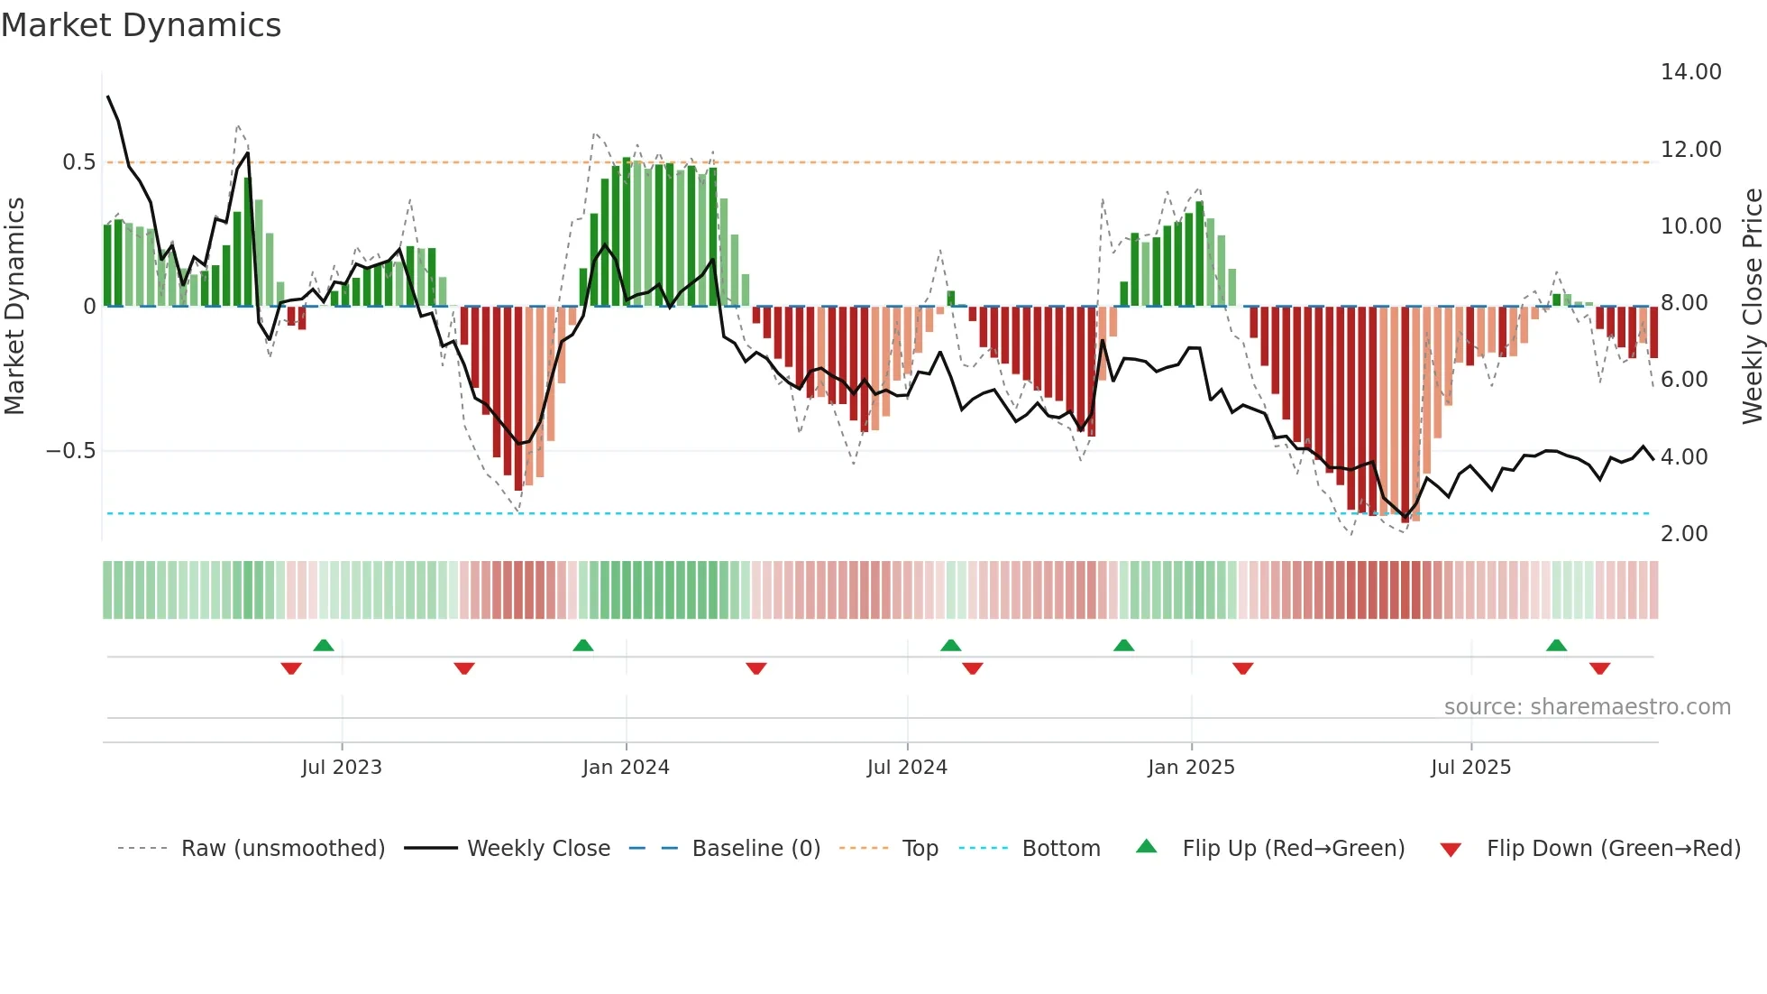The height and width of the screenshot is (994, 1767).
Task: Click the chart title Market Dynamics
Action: click(141, 25)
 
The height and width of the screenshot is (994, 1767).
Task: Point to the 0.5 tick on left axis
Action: click(78, 162)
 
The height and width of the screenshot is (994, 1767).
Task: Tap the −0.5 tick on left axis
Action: click(71, 451)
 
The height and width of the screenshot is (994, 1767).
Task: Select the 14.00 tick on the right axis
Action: click(1690, 72)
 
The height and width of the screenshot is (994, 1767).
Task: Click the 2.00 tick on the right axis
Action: click(1684, 534)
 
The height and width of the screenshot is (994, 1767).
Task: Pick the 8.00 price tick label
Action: click(1684, 303)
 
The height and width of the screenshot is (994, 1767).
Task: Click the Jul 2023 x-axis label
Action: click(342, 768)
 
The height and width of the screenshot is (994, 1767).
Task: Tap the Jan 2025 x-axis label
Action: click(1191, 768)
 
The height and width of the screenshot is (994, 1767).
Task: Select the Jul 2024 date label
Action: click(907, 768)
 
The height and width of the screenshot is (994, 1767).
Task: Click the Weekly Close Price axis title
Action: click(1752, 307)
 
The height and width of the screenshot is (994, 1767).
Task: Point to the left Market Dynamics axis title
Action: click(14, 307)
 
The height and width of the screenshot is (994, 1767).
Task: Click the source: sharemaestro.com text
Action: click(1587, 707)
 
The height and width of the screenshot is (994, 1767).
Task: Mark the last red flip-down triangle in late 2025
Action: click(1599, 668)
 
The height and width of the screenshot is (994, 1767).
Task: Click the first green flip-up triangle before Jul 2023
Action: click(324, 645)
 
